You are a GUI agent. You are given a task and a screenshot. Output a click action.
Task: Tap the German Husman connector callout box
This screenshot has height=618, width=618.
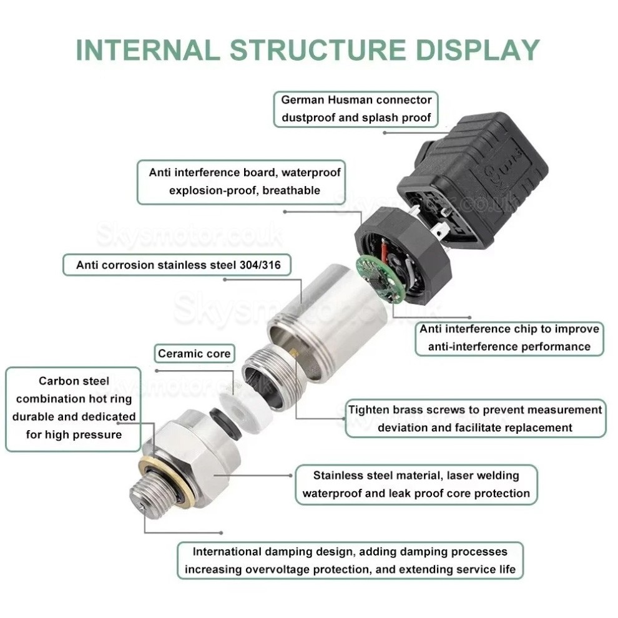point(356,109)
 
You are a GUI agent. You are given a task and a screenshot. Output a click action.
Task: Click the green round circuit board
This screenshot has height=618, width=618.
point(378,277)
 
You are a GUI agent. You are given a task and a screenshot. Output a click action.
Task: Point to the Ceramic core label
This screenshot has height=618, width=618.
point(194,354)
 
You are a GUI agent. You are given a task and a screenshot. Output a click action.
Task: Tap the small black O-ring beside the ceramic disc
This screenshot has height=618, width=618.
point(220,416)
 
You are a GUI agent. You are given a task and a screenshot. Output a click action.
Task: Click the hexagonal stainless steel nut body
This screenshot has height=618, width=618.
point(187,459)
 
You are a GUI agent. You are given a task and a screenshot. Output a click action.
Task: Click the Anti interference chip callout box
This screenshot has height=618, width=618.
point(509,338)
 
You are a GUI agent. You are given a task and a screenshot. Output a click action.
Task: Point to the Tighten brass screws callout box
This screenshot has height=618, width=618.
point(475,418)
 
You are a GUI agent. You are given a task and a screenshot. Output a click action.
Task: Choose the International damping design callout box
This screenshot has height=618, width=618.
point(350,560)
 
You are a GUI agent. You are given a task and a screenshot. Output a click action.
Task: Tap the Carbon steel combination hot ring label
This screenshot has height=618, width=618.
point(74,407)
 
